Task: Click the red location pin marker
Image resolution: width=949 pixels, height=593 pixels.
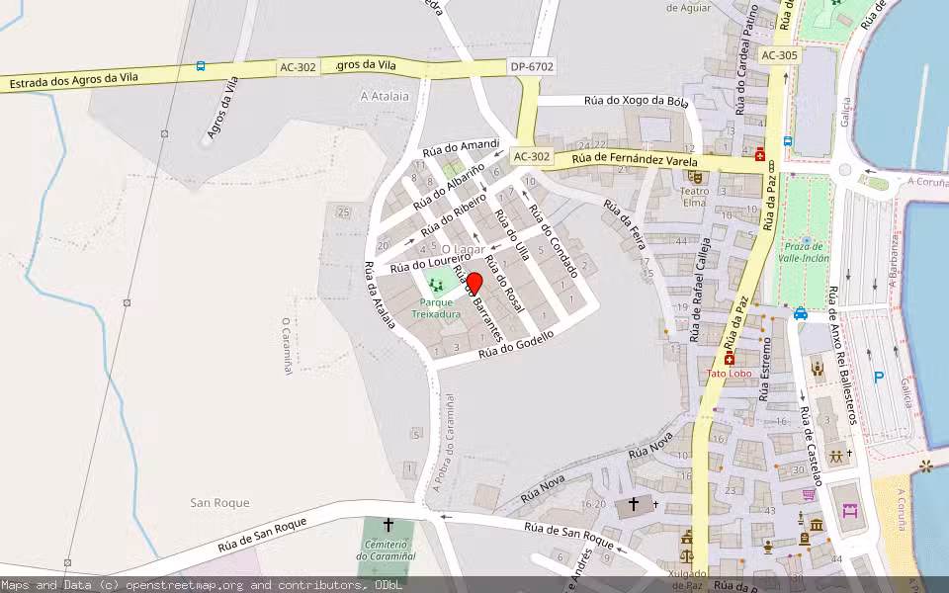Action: (x=474, y=285)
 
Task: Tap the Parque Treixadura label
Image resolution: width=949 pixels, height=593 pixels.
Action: (x=436, y=308)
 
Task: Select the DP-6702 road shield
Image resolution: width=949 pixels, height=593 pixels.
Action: (x=532, y=66)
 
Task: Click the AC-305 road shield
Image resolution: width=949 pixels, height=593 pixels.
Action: (x=779, y=55)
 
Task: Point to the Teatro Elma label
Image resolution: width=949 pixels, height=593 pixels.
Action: (x=695, y=197)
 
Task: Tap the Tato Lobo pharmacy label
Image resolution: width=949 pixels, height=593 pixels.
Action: (x=729, y=374)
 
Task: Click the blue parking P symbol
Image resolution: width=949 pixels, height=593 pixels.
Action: (x=879, y=377)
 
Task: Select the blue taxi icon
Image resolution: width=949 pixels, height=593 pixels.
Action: (x=800, y=313)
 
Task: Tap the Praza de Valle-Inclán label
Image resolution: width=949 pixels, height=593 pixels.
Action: (x=806, y=253)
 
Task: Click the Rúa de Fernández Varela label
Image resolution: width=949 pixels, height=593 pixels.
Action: (x=634, y=160)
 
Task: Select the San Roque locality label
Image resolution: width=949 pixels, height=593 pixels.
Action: (x=219, y=503)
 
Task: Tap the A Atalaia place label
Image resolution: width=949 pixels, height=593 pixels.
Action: (x=386, y=97)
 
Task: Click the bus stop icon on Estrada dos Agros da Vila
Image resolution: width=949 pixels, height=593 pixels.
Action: (x=201, y=66)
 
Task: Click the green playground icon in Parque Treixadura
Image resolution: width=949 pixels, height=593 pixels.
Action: (x=436, y=285)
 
